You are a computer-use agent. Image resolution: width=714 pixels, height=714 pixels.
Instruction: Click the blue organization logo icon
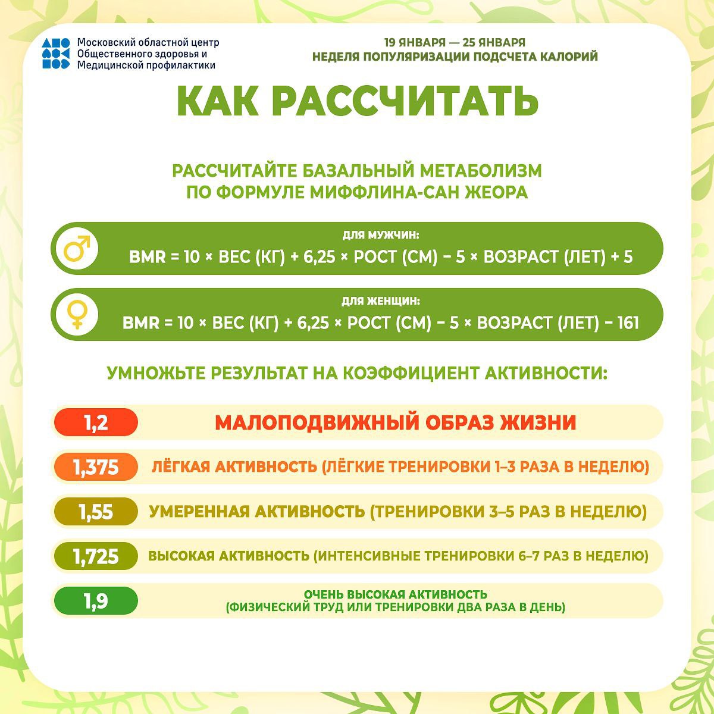[x=56, y=54]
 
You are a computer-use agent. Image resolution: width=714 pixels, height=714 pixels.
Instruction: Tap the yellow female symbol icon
[x=77, y=314]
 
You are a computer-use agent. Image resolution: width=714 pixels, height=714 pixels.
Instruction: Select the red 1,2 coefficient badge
[x=96, y=422]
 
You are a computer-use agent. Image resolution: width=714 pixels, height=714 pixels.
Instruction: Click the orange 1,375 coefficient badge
[x=96, y=467]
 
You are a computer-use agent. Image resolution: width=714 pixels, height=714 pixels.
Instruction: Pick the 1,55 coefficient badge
[x=96, y=512]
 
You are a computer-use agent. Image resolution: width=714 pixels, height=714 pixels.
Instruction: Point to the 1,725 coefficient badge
[x=96, y=556]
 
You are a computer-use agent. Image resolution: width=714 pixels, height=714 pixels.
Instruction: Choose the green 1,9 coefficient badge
[x=96, y=601]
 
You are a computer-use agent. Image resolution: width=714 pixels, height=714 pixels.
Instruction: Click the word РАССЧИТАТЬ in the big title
[x=405, y=101]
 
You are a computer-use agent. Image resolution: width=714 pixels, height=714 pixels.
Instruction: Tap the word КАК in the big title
[x=218, y=101]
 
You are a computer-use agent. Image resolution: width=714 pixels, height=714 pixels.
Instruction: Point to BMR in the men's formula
[x=147, y=258]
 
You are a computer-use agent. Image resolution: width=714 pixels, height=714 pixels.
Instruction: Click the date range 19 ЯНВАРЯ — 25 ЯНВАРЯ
[x=455, y=43]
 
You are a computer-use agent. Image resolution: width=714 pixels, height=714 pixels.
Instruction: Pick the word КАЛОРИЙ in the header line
[x=566, y=57]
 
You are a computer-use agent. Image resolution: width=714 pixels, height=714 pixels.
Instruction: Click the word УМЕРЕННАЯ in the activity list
[x=198, y=512]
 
